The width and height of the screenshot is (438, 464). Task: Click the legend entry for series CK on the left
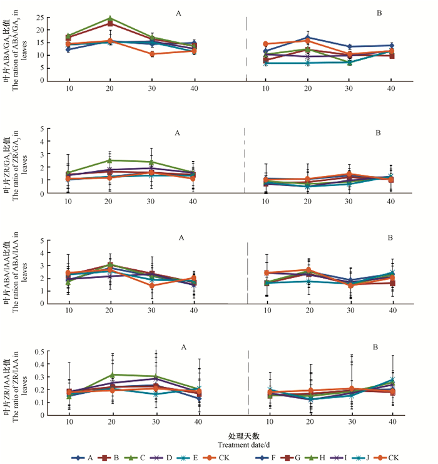(x=216, y=457)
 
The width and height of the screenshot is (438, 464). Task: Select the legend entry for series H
(x=325, y=457)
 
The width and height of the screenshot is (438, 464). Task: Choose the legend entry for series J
(x=365, y=457)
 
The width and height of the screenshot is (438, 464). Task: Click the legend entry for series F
(x=270, y=457)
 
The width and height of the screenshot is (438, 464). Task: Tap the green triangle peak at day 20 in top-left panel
(x=110, y=19)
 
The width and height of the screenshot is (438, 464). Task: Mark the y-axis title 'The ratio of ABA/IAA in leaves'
(x=17, y=271)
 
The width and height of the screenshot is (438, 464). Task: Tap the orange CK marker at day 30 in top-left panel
(x=152, y=54)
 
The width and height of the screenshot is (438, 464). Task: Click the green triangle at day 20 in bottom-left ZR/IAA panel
(x=110, y=375)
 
